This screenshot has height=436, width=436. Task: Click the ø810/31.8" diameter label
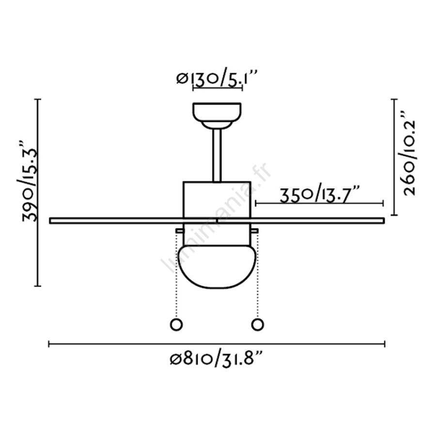pyautogui.click(x=217, y=358)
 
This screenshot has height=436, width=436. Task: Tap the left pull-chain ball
pyautogui.click(x=176, y=325)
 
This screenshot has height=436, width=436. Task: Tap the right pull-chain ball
pyautogui.click(x=258, y=325)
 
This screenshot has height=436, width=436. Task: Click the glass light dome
pyautogui.click(x=217, y=266)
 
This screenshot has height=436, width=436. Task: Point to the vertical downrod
pyautogui.click(x=217, y=155)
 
